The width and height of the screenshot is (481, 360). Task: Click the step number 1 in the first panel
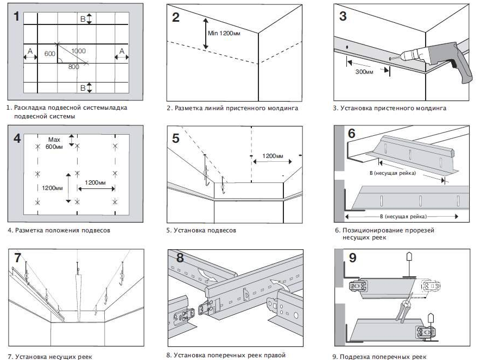click(16, 16)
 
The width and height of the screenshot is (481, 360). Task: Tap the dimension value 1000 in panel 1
click(78, 50)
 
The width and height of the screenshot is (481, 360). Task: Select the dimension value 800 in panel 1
click(74, 67)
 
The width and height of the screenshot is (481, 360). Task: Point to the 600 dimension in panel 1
click(49, 54)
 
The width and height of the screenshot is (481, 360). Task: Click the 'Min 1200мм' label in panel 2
click(224, 33)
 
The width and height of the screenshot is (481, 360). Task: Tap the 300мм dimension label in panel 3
click(364, 71)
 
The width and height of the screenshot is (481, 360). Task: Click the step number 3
click(343, 16)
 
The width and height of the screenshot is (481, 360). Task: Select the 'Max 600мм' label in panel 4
click(54, 143)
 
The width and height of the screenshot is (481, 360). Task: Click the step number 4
click(17, 138)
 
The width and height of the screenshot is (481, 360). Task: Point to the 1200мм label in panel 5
click(273, 156)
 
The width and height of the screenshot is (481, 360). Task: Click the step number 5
click(175, 138)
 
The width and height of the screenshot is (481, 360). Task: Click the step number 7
click(17, 258)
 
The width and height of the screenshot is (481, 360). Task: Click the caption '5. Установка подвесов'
click(201, 230)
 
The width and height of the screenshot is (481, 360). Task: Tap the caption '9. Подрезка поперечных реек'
click(379, 357)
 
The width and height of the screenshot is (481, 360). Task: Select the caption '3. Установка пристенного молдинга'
click(389, 108)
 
